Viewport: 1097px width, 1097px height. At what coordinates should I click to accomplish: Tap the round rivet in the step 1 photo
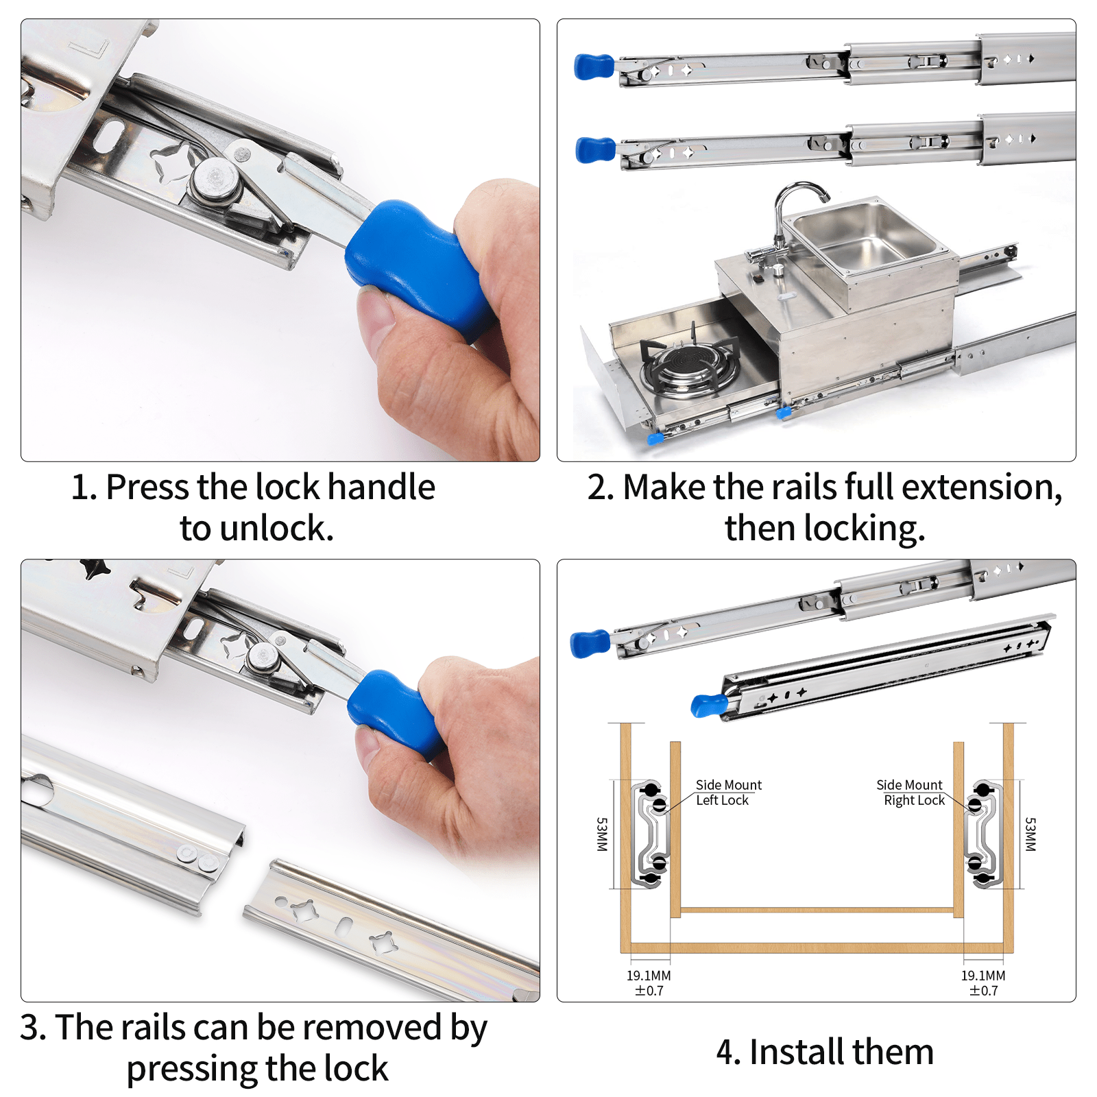pyautogui.click(x=215, y=180)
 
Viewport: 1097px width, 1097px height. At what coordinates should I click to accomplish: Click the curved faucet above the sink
pyautogui.click(x=795, y=206)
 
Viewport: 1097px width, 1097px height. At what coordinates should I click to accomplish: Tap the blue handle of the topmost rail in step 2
pyautogui.click(x=594, y=66)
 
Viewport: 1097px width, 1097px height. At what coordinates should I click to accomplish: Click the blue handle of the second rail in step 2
pyautogui.click(x=595, y=149)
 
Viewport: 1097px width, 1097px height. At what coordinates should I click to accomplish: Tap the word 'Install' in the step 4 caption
pyautogui.click(x=795, y=1052)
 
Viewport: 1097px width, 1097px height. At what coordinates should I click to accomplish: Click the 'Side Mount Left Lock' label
pyautogui.click(x=727, y=793)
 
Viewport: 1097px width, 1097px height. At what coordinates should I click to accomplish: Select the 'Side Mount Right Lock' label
pyautogui.click(x=911, y=793)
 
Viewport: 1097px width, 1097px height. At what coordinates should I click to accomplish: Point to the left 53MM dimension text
pyautogui.click(x=601, y=834)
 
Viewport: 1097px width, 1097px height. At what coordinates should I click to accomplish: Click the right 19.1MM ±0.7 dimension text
pyautogui.click(x=983, y=983)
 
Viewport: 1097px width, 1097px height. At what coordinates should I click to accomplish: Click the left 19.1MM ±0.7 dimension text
pyautogui.click(x=649, y=983)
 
